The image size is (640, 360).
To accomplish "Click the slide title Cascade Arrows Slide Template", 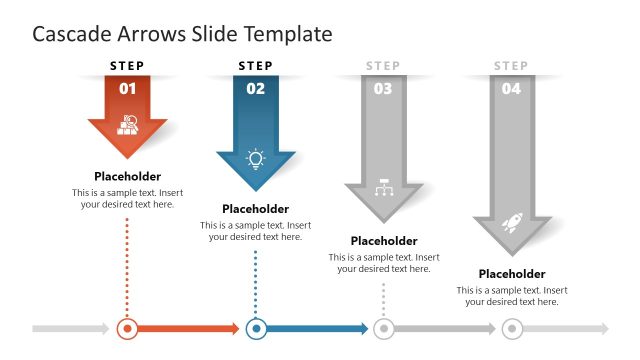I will pos(182,34).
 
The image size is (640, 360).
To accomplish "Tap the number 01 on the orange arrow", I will pos(128,88).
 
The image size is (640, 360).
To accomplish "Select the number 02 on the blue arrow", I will pos(256,88).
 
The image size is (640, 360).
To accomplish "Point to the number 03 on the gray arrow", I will pos(383,88).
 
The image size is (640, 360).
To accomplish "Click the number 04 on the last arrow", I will pos(511,88).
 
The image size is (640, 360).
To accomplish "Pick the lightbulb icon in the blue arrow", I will pos(256,158).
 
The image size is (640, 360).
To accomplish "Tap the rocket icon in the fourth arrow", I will pos(512,222).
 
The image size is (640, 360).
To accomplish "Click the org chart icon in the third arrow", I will pos(384,189).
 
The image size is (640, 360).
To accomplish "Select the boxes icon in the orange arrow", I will pos(128,125).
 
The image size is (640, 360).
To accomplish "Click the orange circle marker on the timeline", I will pos(127,328).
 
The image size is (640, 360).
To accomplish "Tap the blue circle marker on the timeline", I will pos(256,328).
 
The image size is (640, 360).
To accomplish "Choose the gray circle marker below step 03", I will pos(383,328).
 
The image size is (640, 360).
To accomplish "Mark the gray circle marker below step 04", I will pos(512,328).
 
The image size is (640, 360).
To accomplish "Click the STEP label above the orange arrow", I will pos(127,66).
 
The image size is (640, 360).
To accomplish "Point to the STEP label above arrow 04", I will pos(511,66).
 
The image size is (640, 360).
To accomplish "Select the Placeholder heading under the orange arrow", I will pos(128,176).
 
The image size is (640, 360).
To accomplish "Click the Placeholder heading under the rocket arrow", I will pos(512,273).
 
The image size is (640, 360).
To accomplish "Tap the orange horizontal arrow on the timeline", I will pos(190,328).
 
